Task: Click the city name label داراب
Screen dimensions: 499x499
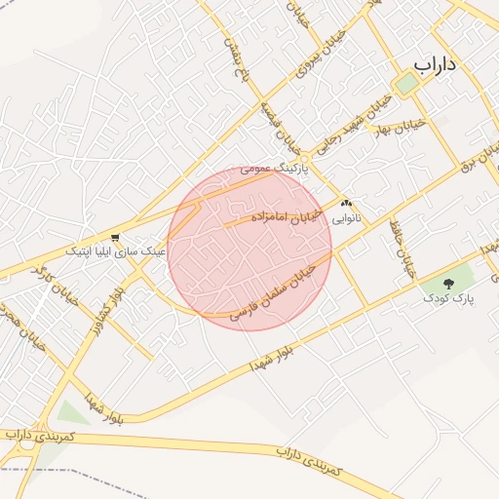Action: [435, 64]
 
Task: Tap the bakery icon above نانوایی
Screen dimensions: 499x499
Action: [346, 204]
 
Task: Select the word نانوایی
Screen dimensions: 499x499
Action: [346, 218]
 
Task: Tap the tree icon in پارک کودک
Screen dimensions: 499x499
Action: [448, 284]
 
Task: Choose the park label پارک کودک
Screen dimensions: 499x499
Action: [449, 298]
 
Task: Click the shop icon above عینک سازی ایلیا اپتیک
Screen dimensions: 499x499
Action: [116, 237]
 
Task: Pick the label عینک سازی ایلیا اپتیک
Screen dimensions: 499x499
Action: [116, 251]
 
